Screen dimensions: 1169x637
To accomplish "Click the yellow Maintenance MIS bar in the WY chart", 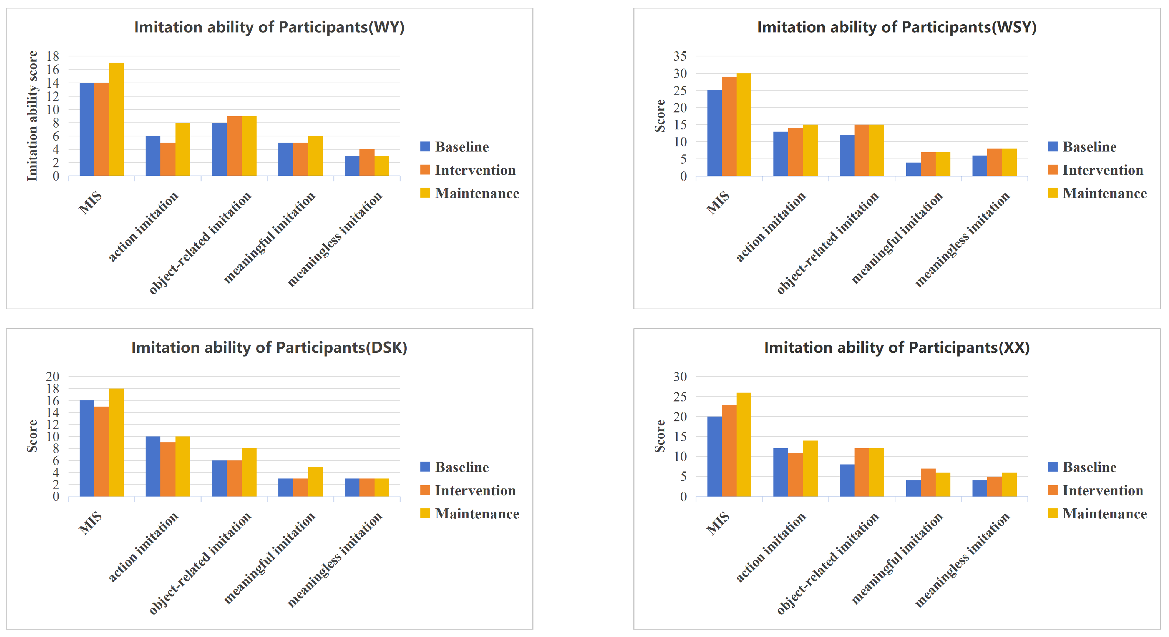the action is pos(116,119).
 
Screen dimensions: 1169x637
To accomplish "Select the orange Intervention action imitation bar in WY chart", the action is pos(168,159).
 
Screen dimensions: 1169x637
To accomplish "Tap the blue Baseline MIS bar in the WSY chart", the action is pos(714,133).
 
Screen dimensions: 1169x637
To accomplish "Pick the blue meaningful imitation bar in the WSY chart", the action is pos(914,169).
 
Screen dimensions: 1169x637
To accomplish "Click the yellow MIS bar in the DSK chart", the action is pos(116,442).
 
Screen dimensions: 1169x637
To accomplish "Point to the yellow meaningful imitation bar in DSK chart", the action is pos(316,481).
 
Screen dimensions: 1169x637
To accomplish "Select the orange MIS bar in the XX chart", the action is pos(729,450).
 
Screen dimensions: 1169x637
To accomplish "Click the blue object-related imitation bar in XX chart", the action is pos(847,480).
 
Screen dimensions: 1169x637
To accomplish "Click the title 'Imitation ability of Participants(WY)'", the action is pos(269,27).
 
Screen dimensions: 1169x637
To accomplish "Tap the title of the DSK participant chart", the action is pos(269,348).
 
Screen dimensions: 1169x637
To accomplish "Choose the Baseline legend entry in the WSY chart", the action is pos(1082,147).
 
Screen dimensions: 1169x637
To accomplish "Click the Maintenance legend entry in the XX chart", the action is pos(1097,514).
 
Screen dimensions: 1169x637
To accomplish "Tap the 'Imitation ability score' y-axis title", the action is pos(32,116).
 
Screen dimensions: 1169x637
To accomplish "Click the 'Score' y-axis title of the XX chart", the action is pos(660,436).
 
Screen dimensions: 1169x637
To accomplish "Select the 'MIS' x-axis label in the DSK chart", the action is pos(90,522).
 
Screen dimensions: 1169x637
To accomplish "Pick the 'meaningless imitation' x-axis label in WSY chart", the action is pos(963,240).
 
